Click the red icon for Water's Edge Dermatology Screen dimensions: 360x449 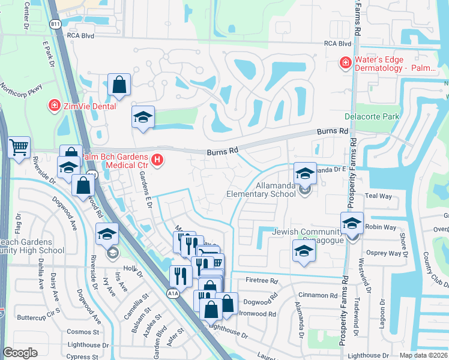click(345, 63)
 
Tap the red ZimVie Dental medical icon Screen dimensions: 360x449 click(53, 106)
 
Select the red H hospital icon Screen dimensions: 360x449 click(157, 160)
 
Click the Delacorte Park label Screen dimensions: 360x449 click(372, 116)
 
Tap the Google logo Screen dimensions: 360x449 click(20, 353)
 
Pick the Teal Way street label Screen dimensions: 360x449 click(378, 196)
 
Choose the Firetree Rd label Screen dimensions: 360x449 click(262, 280)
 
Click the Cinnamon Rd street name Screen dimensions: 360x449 click(321, 295)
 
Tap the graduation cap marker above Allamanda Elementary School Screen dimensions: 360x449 click(305, 173)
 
